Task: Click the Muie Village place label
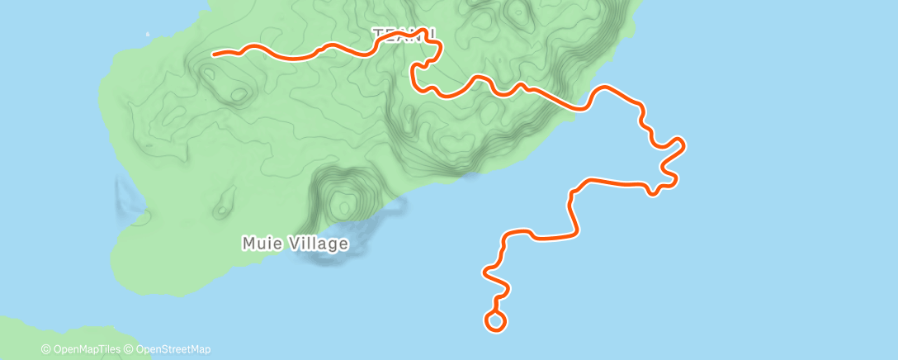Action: (295, 244)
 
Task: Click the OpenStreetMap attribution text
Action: (173, 349)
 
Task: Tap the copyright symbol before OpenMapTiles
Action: (46, 349)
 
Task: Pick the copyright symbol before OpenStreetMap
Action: (130, 349)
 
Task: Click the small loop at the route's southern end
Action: (495, 321)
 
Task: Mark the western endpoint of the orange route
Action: (215, 54)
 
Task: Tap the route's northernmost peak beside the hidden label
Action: (426, 31)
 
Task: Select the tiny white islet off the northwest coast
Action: (147, 35)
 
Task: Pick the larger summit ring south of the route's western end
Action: (239, 93)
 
